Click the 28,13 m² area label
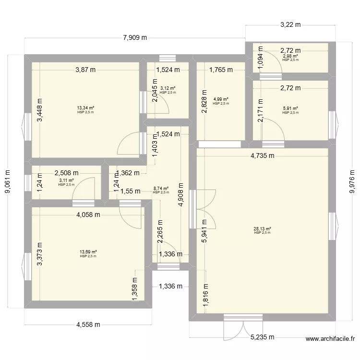[x=262, y=228]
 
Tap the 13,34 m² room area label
[x=85, y=108]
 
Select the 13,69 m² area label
[x=88, y=252]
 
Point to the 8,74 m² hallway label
[x=161, y=189]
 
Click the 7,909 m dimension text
[x=135, y=37]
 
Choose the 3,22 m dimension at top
[x=290, y=24]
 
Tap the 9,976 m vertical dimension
[x=352, y=181]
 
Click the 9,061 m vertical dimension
[x=8, y=181]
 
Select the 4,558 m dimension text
[x=88, y=324]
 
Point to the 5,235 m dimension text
[x=263, y=337]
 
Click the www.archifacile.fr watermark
[x=330, y=339]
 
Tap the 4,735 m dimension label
[x=263, y=156]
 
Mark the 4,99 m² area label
[x=221, y=99]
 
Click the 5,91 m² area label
[x=290, y=108]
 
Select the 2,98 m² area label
[x=290, y=56]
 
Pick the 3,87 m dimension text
[x=85, y=70]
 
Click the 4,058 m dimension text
[x=88, y=215]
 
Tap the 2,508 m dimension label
[x=67, y=173]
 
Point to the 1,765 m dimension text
[x=221, y=70]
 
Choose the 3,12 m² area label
[x=168, y=88]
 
